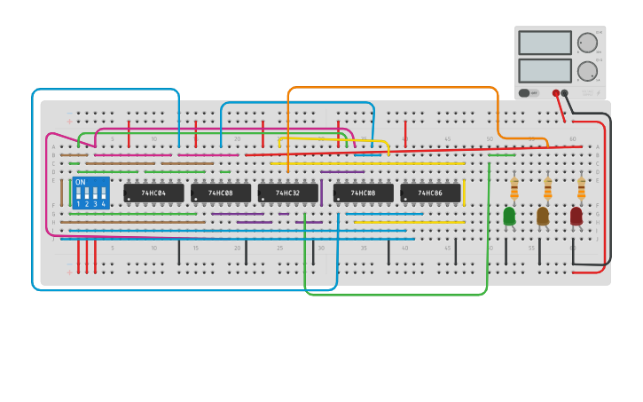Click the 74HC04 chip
pyautogui.click(x=153, y=193)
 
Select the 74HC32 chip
pyautogui.click(x=287, y=193)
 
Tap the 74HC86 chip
pyautogui.click(x=430, y=193)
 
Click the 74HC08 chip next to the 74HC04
pyautogui.click(x=220, y=193)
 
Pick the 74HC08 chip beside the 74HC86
pyautogui.click(x=363, y=193)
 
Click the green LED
pyautogui.click(x=509, y=216)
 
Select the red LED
pyautogui.click(x=576, y=216)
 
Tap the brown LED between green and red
pyautogui.click(x=543, y=216)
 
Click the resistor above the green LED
pyautogui.click(x=514, y=187)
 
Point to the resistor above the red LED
pyautogui.click(x=581, y=187)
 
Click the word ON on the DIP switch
pyautogui.click(x=81, y=183)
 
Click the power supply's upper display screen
pyautogui.click(x=545, y=43)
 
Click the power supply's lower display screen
pyautogui.click(x=545, y=70)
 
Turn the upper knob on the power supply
pyautogui.click(x=587, y=43)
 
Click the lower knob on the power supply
pyautogui.click(x=587, y=71)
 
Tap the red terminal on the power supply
pyautogui.click(x=556, y=92)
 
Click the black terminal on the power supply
pyautogui.click(x=565, y=92)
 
